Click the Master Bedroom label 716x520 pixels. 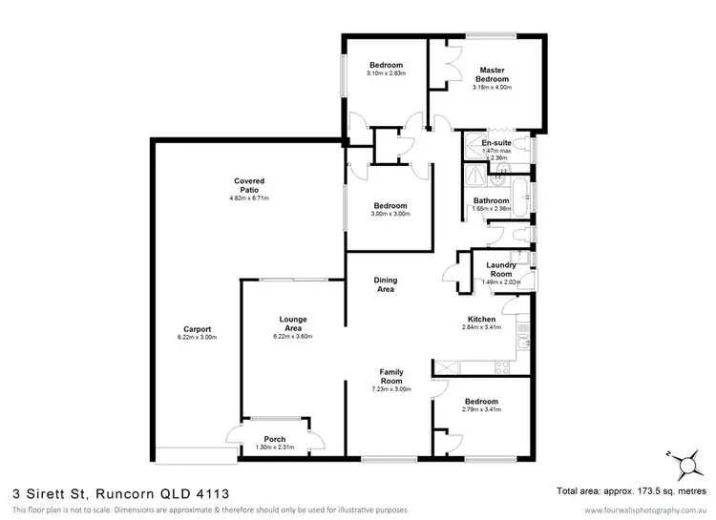(x=492, y=73)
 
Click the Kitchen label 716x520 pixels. (x=480, y=319)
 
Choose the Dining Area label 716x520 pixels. (x=385, y=283)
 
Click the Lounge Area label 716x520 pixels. (x=293, y=323)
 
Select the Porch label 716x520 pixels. (x=274, y=440)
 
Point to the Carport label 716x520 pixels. (x=197, y=329)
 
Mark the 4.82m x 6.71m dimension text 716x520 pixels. (x=249, y=198)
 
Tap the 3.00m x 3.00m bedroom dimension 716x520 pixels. (x=390, y=214)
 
